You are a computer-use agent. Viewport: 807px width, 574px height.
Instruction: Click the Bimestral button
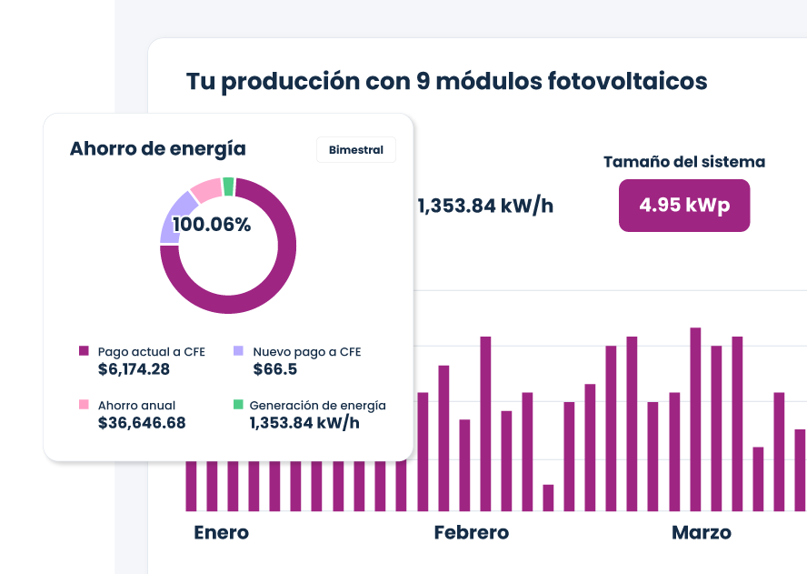tap(355, 150)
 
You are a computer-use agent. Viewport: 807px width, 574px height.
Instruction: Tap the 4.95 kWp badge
tap(683, 205)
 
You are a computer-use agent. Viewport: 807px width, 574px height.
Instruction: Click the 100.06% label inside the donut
tap(212, 225)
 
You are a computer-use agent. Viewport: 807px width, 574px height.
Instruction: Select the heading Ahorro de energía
tap(157, 149)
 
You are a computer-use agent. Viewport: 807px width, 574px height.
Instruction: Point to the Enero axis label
tap(221, 532)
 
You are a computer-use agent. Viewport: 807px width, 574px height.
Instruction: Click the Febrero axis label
tap(471, 532)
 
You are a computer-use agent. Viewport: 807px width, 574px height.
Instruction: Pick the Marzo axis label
tap(701, 532)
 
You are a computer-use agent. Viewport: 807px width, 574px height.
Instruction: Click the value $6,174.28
tap(134, 369)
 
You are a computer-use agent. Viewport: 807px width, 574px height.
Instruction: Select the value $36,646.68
tap(142, 423)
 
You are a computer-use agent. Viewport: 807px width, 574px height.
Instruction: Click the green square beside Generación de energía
tap(239, 405)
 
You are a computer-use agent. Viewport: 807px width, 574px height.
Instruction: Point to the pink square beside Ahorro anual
tap(84, 405)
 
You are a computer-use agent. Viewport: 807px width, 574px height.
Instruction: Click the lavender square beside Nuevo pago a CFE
tap(239, 351)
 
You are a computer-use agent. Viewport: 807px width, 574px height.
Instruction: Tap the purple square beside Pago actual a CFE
tap(84, 351)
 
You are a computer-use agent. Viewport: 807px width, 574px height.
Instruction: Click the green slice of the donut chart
tap(228, 186)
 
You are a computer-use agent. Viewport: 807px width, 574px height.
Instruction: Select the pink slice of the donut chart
tap(205, 190)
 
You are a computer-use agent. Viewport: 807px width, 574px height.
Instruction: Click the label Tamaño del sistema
tap(683, 162)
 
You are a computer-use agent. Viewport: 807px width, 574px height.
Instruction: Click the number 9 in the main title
tap(423, 81)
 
